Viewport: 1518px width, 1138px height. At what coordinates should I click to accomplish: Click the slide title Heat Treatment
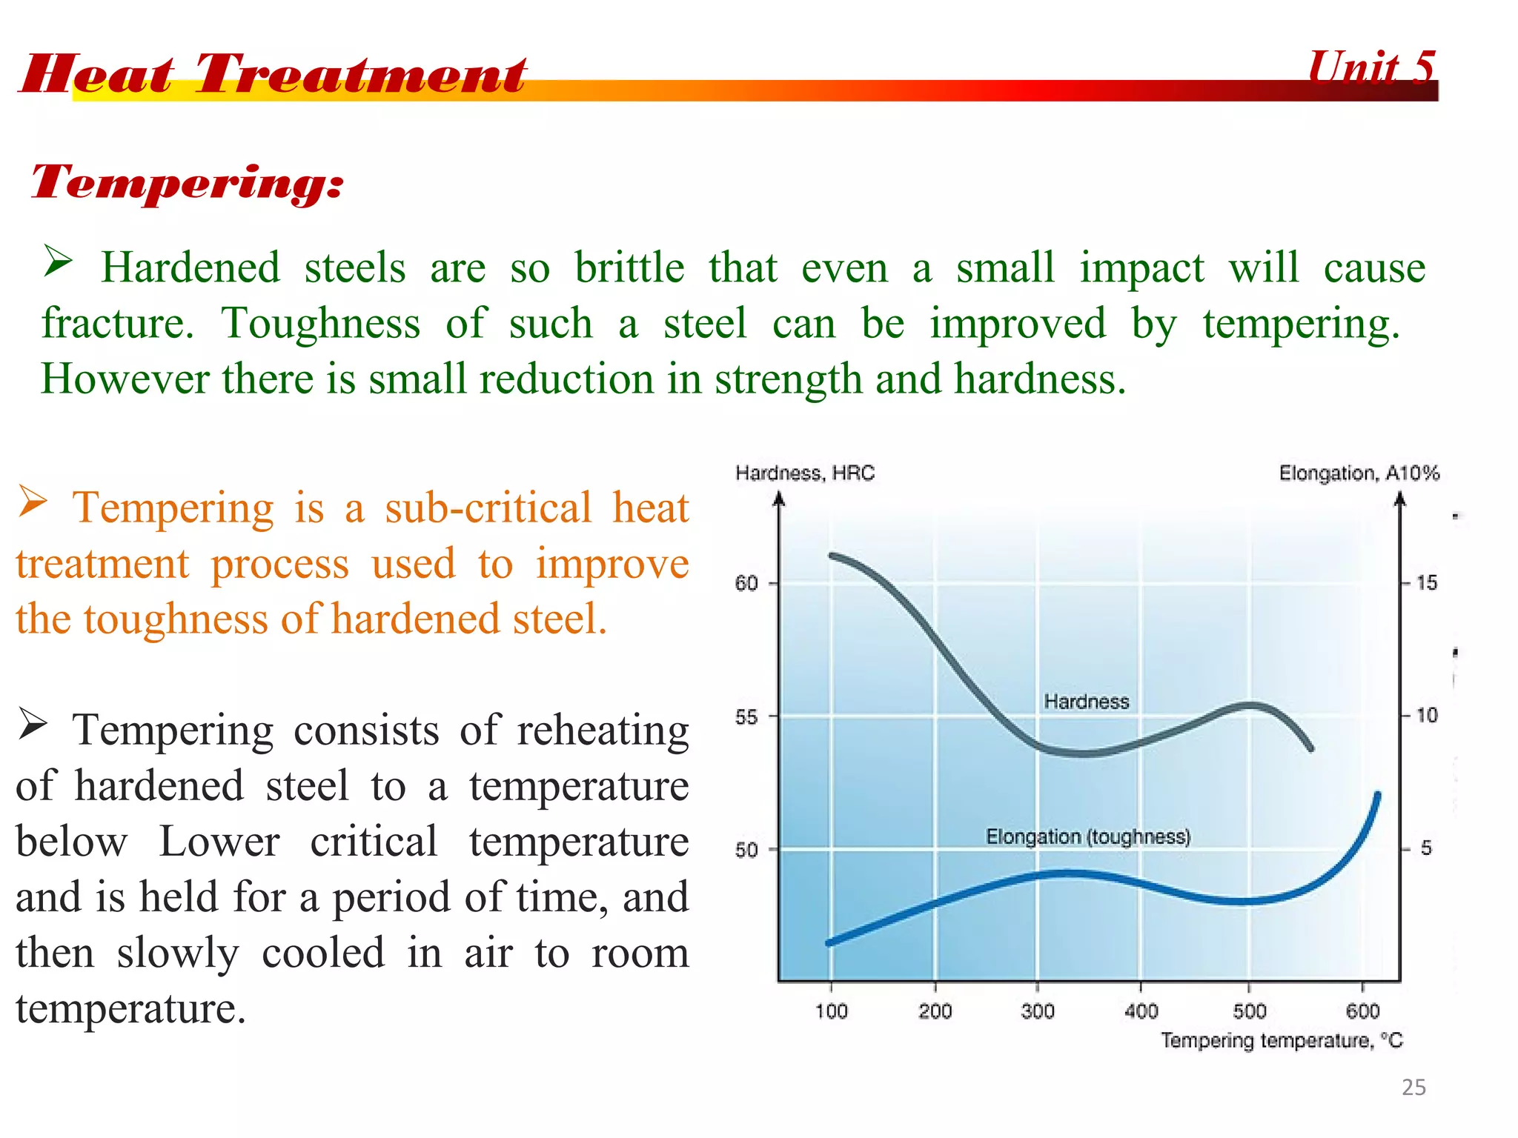[x=273, y=74]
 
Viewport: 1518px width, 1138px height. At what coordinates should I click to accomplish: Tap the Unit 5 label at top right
[x=1371, y=68]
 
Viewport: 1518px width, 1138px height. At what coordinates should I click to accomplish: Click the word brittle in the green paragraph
[x=629, y=268]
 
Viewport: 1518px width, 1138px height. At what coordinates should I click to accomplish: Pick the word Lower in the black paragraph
[x=219, y=842]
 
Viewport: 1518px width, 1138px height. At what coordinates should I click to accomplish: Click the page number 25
[x=1413, y=1087]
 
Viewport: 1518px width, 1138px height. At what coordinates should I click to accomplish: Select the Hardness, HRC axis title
[x=805, y=473]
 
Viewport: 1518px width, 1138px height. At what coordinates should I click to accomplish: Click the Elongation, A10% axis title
[x=1359, y=473]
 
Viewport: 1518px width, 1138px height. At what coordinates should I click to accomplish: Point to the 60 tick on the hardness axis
[x=746, y=584]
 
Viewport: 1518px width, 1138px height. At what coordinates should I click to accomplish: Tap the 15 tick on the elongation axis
[x=1426, y=583]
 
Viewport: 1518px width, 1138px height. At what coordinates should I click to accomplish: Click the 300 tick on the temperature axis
[x=1037, y=1011]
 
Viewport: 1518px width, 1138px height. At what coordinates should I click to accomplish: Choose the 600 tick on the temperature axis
[x=1362, y=1011]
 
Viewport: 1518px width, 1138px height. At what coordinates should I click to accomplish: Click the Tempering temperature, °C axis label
[x=1282, y=1041]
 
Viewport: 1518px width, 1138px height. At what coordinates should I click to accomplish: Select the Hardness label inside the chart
[x=1086, y=702]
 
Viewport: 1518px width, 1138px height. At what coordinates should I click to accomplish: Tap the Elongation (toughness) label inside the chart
[x=1087, y=837]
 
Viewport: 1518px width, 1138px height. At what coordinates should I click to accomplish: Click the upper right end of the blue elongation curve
[x=1378, y=796]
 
